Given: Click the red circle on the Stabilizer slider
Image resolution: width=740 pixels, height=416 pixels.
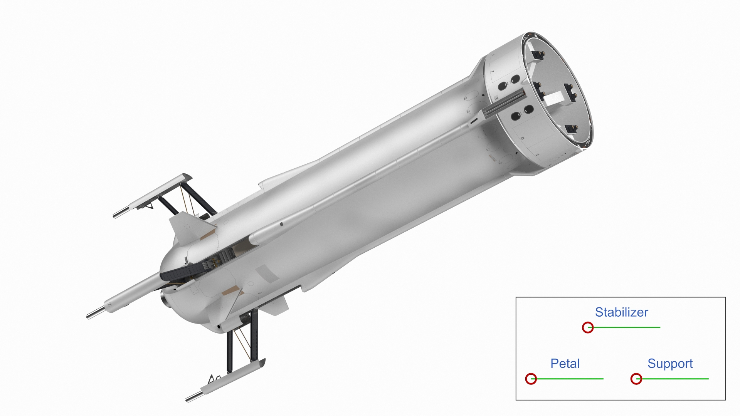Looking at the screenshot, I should [587, 327].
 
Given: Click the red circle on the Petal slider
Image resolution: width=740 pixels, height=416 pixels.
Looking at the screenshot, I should [531, 379].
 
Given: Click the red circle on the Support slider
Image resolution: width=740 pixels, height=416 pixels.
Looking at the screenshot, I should [636, 379].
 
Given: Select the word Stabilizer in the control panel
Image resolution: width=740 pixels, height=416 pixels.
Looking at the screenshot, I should [621, 312].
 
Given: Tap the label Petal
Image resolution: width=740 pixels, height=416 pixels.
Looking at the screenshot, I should [565, 363].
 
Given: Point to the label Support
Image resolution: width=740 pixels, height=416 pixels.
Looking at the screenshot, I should [670, 363].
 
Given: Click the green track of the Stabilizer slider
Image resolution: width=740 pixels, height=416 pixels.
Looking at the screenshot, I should [628, 327].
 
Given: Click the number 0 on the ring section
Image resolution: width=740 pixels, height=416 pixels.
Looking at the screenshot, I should [522, 138].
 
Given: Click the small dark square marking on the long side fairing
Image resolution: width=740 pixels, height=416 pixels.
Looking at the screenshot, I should [281, 224].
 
